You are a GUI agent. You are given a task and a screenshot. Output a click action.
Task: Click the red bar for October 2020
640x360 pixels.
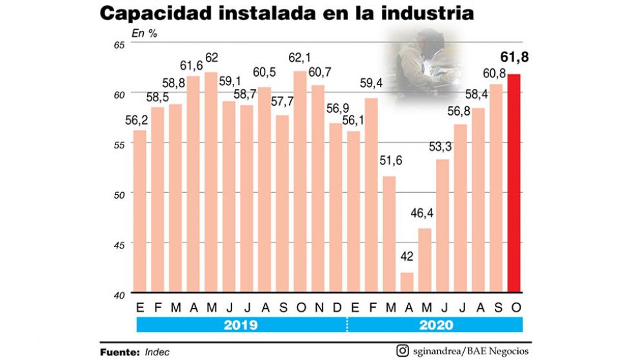click(514, 184)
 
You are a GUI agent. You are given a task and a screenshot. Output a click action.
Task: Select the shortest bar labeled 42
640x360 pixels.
click(406, 282)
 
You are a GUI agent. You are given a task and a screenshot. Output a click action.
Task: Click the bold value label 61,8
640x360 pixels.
click(514, 58)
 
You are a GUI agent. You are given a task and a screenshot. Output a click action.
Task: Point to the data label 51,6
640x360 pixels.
click(389, 161)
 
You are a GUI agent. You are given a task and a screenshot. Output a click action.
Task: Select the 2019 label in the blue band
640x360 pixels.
click(241, 325)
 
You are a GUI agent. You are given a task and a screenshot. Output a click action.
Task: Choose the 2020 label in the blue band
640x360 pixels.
click(436, 325)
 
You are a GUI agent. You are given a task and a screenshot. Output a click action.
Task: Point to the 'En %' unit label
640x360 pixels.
click(145, 33)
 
